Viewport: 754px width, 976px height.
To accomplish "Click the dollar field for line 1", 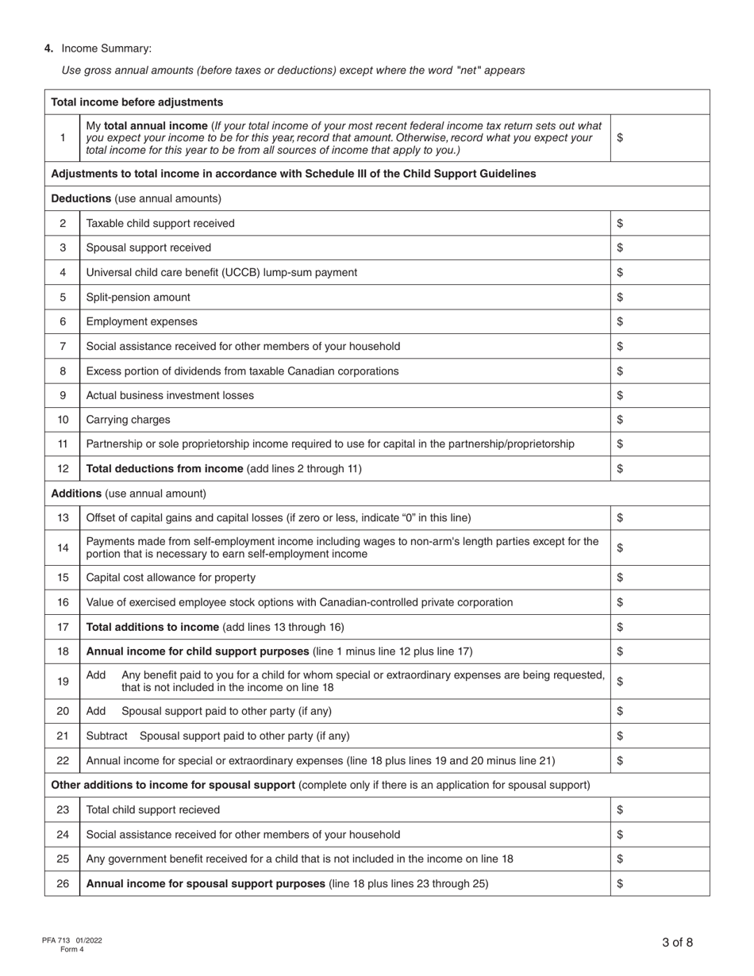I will coord(660,137).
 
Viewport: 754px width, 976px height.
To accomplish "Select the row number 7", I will coord(63,346).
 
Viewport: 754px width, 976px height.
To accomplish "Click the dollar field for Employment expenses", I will coord(660,321).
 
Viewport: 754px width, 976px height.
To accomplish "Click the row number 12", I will coord(63,468).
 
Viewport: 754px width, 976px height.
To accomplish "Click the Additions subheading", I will coord(77,493).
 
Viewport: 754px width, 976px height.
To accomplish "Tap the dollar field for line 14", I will coord(660,548).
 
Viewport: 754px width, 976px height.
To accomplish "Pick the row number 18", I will coord(63,651).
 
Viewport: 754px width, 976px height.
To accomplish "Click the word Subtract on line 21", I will coord(106,736).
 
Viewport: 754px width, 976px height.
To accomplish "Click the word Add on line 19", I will coord(95,674).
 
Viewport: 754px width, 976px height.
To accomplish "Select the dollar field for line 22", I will coord(660,760).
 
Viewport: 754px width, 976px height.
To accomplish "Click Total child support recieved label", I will coord(153,809).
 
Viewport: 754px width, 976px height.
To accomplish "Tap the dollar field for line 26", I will coord(660,883).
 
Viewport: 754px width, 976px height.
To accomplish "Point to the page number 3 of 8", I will coord(677,943).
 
